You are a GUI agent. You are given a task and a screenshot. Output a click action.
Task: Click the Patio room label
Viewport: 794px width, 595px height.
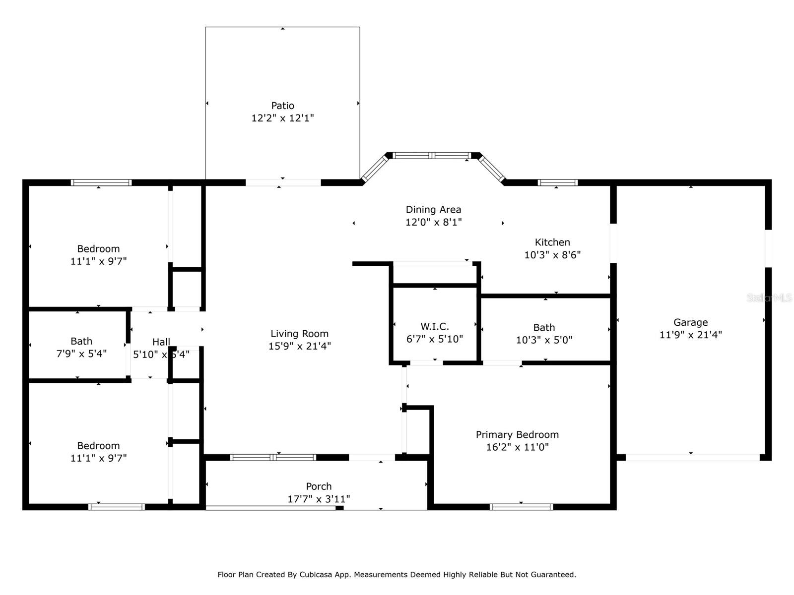click(x=282, y=106)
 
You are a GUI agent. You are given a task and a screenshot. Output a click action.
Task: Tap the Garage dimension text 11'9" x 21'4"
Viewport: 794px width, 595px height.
click(x=690, y=335)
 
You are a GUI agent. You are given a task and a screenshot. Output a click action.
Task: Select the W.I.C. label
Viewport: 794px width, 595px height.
click(x=435, y=326)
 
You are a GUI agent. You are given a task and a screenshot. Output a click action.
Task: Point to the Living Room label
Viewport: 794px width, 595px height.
click(x=299, y=334)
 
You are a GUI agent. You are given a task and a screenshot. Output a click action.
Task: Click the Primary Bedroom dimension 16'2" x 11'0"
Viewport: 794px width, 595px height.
click(x=517, y=447)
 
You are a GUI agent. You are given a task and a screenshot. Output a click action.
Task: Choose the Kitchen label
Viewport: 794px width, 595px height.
click(x=552, y=242)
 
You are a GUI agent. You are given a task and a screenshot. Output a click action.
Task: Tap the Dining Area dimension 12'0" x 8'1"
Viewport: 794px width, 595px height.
click(x=433, y=222)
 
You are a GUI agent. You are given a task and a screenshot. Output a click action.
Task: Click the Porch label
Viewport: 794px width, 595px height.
click(x=319, y=486)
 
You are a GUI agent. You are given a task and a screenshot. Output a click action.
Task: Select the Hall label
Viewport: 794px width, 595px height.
click(x=161, y=342)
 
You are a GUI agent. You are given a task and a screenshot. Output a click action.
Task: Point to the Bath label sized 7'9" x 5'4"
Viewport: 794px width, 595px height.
click(x=81, y=341)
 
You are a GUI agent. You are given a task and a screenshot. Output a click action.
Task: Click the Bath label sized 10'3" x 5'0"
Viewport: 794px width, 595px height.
click(x=544, y=327)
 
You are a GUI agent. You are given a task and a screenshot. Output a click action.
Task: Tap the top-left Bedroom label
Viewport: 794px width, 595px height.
click(x=98, y=248)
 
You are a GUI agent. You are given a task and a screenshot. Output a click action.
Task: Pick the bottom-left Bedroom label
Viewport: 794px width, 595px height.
click(x=98, y=445)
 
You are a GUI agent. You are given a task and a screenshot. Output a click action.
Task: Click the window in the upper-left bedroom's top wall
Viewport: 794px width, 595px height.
click(x=101, y=182)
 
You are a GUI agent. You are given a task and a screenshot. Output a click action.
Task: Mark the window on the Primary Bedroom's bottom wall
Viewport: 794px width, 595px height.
click(x=521, y=507)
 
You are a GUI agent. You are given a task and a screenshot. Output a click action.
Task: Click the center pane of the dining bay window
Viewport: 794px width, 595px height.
click(x=432, y=156)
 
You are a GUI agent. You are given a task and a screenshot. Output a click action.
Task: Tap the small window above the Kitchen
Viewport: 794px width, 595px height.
click(x=558, y=182)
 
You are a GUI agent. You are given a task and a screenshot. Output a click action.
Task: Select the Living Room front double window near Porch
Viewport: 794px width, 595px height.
click(x=273, y=457)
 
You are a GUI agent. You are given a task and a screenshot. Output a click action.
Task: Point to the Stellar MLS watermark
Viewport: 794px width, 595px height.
click(x=769, y=297)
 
